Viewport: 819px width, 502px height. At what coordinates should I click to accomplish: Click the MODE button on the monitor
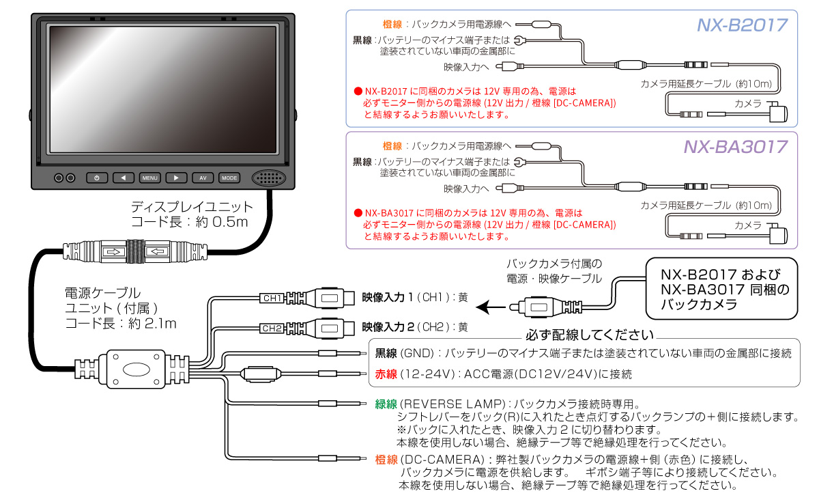(229, 178)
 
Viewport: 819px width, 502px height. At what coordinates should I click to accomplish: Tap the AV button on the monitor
(203, 178)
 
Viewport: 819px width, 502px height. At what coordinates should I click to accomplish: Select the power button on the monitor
(97, 178)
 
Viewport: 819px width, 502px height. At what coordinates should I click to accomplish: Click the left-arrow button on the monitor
(123, 178)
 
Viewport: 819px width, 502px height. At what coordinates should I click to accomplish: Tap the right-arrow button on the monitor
(176, 178)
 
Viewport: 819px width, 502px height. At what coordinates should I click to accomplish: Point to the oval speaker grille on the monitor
(269, 178)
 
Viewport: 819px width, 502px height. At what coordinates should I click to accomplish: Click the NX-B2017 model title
(742, 25)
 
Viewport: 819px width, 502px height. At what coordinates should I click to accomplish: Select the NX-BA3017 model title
(736, 147)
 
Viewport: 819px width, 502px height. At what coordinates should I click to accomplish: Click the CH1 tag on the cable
(272, 298)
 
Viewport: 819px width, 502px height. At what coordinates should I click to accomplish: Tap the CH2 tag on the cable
(272, 329)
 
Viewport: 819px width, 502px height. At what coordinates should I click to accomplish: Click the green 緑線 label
(386, 404)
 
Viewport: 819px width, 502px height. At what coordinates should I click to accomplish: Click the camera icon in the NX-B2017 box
(779, 111)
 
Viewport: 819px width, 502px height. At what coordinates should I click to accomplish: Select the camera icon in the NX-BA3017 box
(779, 234)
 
